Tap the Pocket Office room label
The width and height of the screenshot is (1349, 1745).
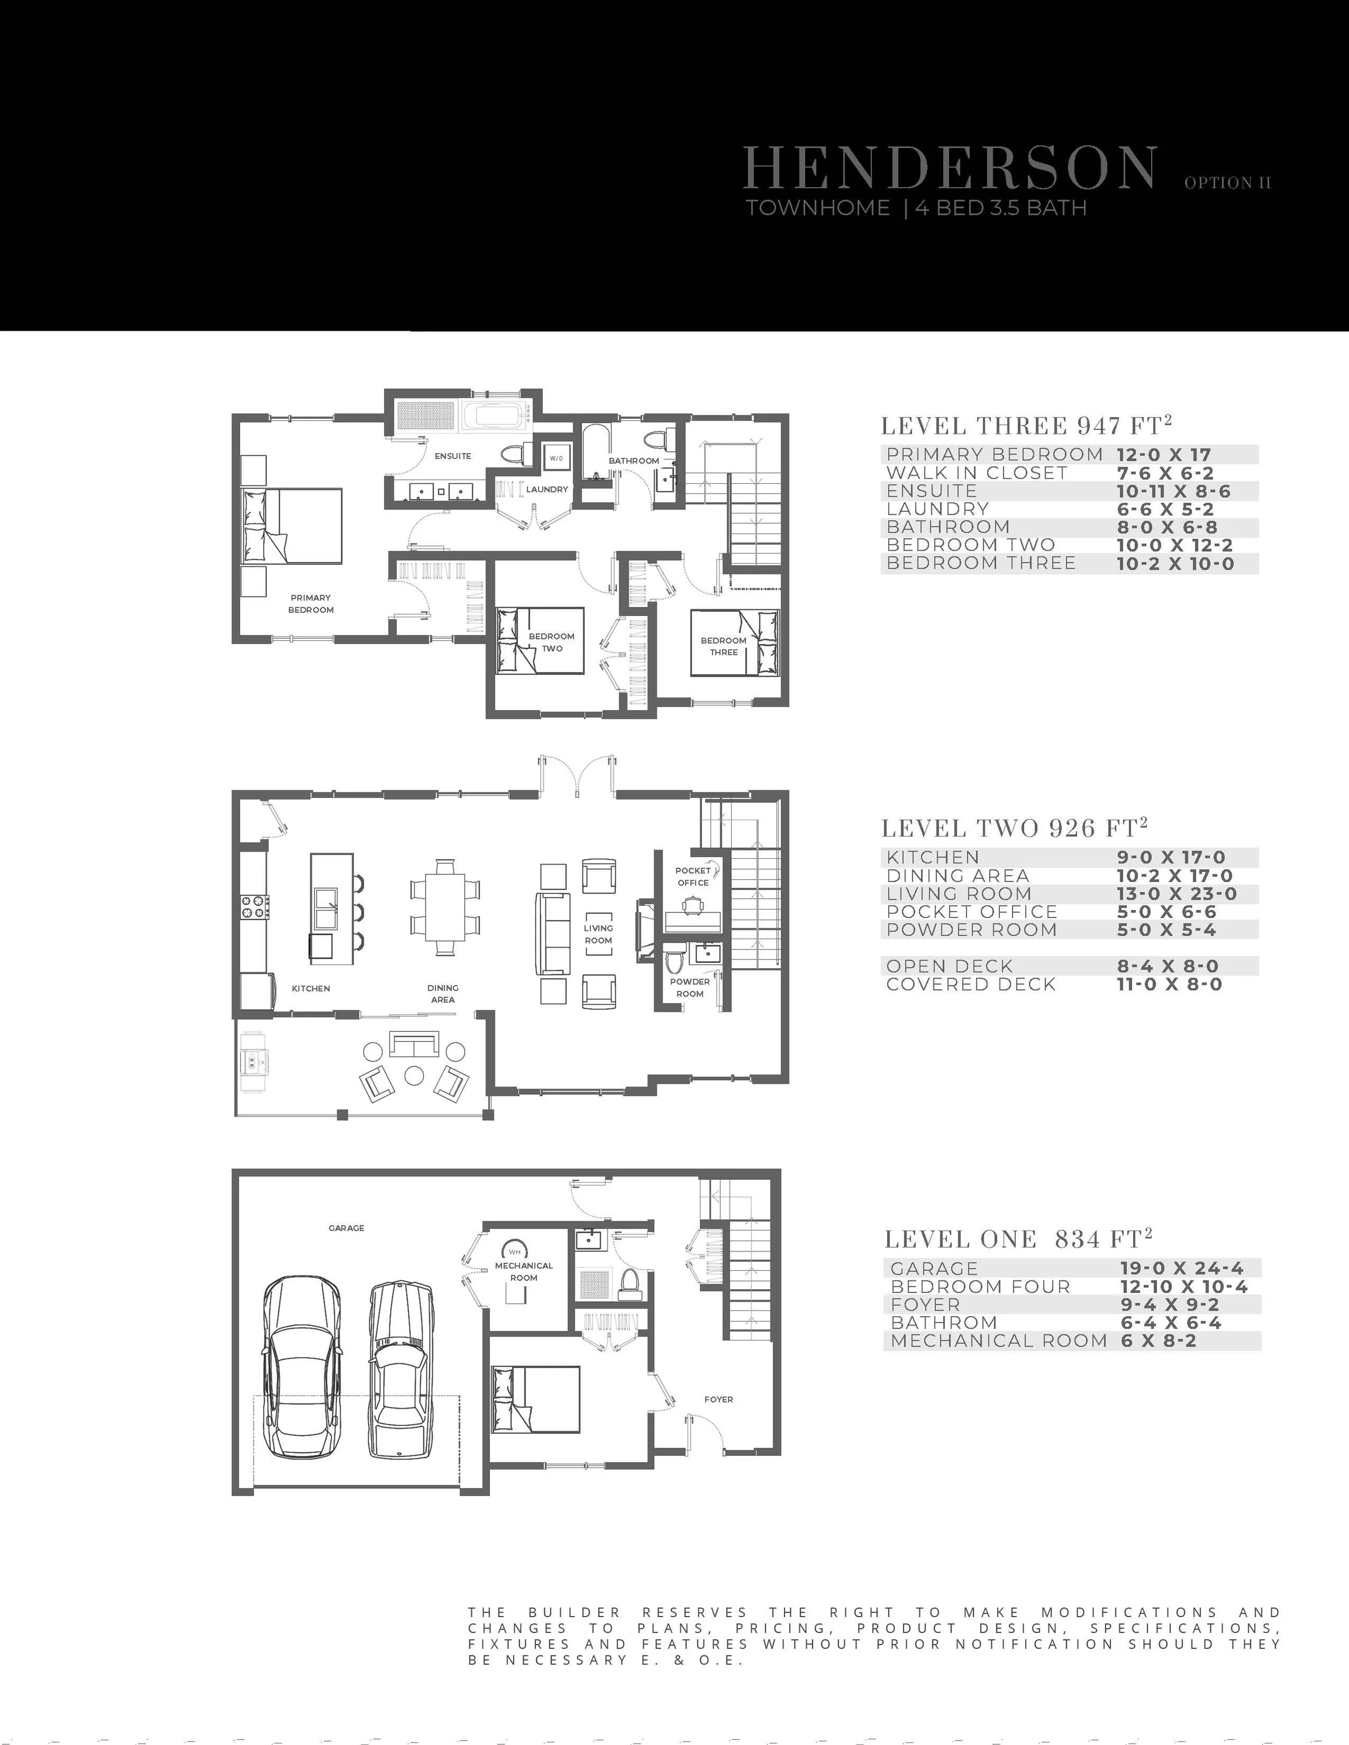pyautogui.click(x=693, y=877)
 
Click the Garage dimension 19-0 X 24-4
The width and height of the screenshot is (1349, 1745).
pyautogui.click(x=1181, y=1268)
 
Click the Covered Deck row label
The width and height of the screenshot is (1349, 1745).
pyautogui.click(x=970, y=984)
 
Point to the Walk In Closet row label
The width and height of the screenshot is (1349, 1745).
pyautogui.click(x=977, y=473)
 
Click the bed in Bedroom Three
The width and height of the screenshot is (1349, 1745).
pyautogui.click(x=735, y=643)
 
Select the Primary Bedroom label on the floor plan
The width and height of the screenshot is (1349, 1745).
pyautogui.click(x=311, y=603)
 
